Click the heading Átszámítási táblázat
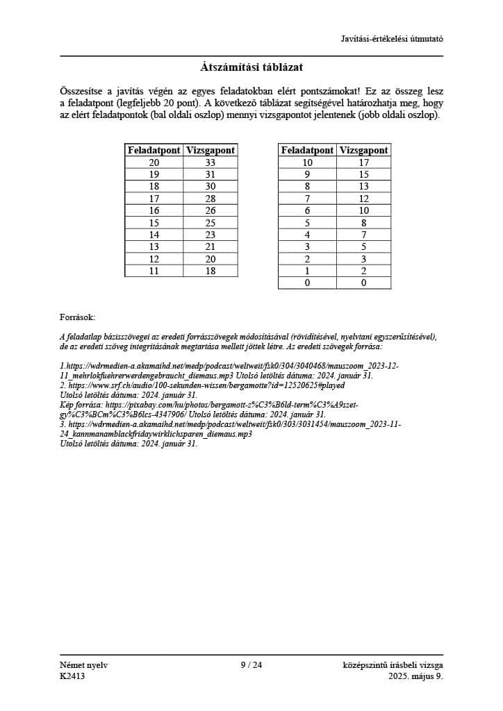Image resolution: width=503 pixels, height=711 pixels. (251, 68)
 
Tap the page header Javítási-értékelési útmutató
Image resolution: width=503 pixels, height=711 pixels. (392, 38)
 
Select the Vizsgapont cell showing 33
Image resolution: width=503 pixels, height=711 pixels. (211, 162)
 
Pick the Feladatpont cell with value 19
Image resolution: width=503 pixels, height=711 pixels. (154, 174)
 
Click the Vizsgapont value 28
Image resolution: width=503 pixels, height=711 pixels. (211, 199)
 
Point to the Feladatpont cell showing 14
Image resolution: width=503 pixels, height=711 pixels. (154, 235)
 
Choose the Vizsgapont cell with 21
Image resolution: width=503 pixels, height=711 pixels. (211, 246)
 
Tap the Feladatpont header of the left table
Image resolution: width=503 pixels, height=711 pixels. (154, 150)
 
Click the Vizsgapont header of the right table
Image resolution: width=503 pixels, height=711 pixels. (363, 150)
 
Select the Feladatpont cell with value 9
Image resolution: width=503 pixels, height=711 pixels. (307, 174)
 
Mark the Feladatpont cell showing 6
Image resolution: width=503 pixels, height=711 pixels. (307, 210)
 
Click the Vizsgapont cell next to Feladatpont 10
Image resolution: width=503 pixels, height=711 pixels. (363, 162)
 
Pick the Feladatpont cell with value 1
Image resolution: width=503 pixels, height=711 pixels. (307, 271)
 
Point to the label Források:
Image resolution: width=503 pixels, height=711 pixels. (77, 317)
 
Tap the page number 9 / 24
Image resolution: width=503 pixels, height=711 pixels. (251, 665)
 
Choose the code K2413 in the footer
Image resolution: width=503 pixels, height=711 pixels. (72, 676)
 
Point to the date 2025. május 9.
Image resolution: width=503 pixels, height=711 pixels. (415, 676)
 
